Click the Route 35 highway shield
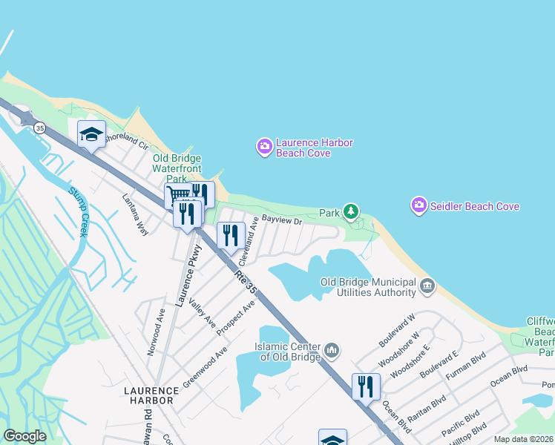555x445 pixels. [40, 128]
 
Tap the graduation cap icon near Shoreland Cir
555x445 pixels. [91, 134]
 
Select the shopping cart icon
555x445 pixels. [177, 197]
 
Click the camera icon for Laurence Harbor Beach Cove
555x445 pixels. [264, 148]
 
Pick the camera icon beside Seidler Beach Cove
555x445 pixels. [418, 205]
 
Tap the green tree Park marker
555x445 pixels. [351, 213]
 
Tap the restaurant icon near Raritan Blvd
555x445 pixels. [366, 386]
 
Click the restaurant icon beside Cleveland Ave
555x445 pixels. [231, 236]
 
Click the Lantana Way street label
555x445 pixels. [136, 215]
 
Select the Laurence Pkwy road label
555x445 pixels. [188, 275]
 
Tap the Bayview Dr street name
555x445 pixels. [283, 221]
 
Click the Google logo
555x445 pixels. [25, 435]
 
